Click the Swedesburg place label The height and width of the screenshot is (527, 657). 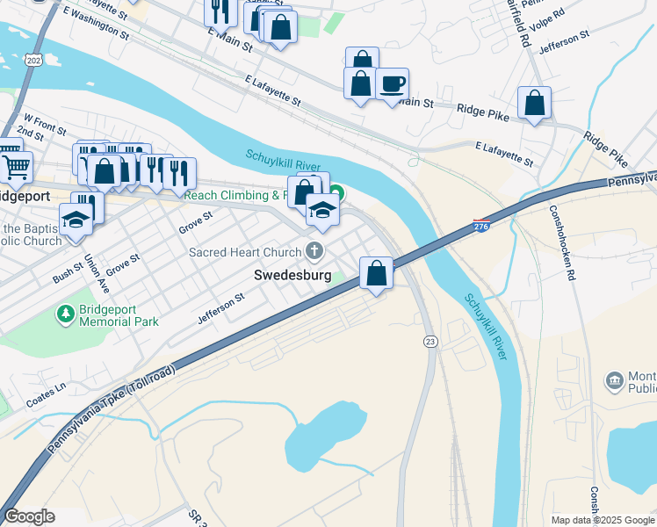click(292, 275)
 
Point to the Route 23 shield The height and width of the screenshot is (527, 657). click(430, 341)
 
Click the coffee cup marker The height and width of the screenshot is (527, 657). click(392, 84)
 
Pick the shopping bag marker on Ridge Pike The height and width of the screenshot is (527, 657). click(534, 103)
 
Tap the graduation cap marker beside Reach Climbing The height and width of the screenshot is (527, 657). click(322, 210)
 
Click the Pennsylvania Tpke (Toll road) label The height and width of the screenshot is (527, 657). click(112, 410)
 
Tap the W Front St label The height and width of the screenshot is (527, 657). click(45, 123)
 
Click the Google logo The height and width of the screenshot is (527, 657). click(29, 516)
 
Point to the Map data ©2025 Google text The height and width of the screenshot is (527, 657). click(602, 520)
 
